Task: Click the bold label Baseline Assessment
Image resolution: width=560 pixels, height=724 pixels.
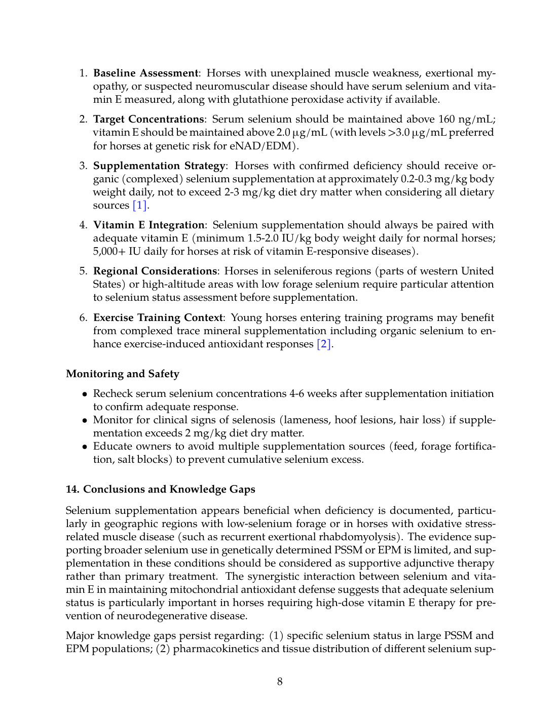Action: click(x=145, y=73)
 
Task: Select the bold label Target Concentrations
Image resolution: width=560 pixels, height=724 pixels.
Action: click(x=148, y=119)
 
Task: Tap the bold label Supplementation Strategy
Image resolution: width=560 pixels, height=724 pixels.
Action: click(x=159, y=166)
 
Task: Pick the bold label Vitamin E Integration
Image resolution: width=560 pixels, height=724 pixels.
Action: click(x=149, y=225)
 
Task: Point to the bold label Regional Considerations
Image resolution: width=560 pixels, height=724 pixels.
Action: click(x=155, y=271)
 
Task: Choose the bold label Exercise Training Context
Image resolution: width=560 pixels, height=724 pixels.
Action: click(x=158, y=318)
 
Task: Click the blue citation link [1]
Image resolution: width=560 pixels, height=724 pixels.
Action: click(x=140, y=206)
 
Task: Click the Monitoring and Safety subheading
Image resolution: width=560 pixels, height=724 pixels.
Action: click(x=123, y=374)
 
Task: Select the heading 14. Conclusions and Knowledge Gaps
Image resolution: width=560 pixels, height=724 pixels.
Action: click(x=161, y=490)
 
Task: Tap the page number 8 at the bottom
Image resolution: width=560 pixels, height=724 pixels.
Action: click(x=280, y=682)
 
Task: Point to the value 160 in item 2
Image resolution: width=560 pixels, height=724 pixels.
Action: click(x=446, y=119)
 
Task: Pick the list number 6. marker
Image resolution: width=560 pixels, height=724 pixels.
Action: click(x=84, y=318)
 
